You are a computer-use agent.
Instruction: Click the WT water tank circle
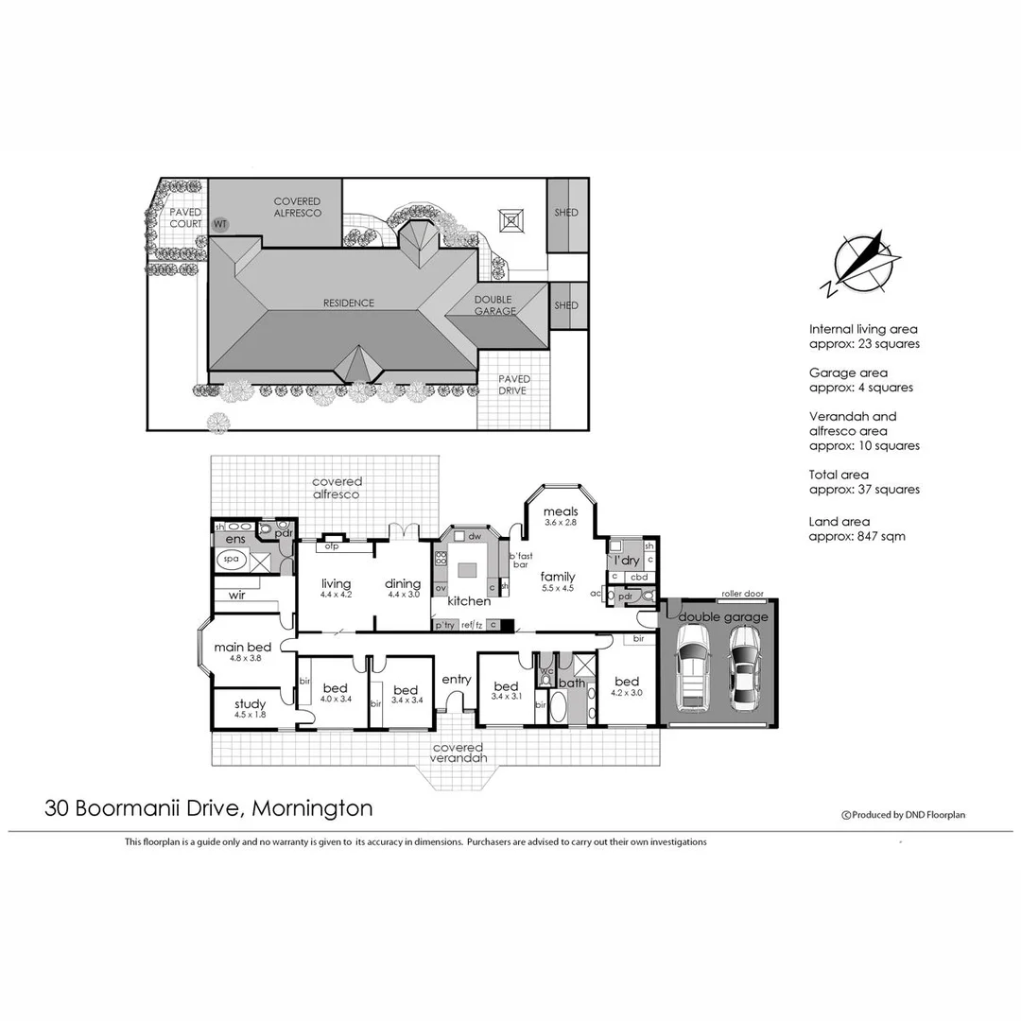(220, 224)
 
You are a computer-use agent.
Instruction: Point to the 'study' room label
(250, 704)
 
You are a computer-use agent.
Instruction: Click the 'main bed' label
(243, 648)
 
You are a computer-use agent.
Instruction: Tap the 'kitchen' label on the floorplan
(469, 601)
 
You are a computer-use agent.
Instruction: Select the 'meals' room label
(560, 512)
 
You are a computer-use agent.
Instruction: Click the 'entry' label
(457, 679)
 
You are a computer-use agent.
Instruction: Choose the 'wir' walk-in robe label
(236, 597)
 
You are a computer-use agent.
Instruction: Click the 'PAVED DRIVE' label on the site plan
(514, 385)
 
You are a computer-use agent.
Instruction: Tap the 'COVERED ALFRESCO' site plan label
(298, 207)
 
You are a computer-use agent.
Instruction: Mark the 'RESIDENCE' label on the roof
(349, 303)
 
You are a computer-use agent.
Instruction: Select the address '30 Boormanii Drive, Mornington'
(209, 808)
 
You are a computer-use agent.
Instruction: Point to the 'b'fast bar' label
(521, 560)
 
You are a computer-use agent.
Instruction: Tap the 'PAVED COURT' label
(186, 218)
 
